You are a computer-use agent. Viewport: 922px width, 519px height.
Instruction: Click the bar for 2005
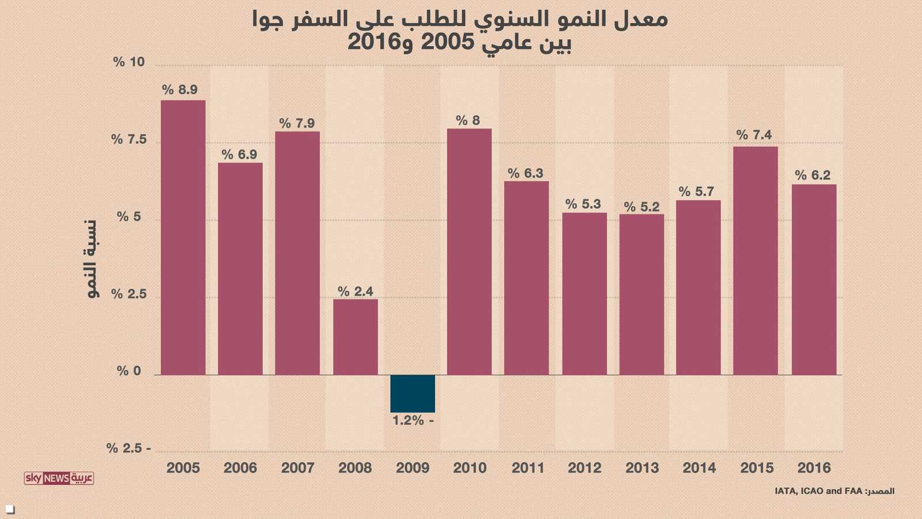coord(183,238)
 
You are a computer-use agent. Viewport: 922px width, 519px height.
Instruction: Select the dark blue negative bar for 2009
coord(413,393)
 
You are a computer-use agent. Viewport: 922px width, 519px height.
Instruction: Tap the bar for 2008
coord(356,337)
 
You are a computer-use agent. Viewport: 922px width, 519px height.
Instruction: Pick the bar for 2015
coord(755,261)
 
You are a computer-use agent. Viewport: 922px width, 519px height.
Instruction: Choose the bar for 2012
coord(584,294)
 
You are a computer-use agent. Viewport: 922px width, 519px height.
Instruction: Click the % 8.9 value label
coord(180,89)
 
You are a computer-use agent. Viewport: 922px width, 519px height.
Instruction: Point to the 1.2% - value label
coord(413,420)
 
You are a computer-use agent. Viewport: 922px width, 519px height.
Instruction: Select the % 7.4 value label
coord(754,135)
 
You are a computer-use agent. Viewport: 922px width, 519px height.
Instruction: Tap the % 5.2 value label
coord(641,207)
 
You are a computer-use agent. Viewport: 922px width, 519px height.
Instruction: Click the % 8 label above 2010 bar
coord(468,120)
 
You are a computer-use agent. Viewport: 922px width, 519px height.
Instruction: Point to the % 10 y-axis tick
coord(129,62)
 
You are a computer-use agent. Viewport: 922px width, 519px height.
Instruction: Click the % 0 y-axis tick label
coord(129,371)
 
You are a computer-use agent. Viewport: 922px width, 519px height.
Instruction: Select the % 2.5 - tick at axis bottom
coord(129,448)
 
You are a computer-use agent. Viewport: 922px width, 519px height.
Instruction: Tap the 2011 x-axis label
coord(528,468)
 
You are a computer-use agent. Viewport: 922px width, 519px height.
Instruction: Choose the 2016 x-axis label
coord(814,468)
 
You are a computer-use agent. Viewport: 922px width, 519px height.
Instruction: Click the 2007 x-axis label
coord(298,468)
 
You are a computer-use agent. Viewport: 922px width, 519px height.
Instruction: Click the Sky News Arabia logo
coord(59,478)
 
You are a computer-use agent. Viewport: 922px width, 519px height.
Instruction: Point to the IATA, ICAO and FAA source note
coord(834,491)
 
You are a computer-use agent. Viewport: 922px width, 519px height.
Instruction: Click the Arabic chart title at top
coord(460,30)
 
